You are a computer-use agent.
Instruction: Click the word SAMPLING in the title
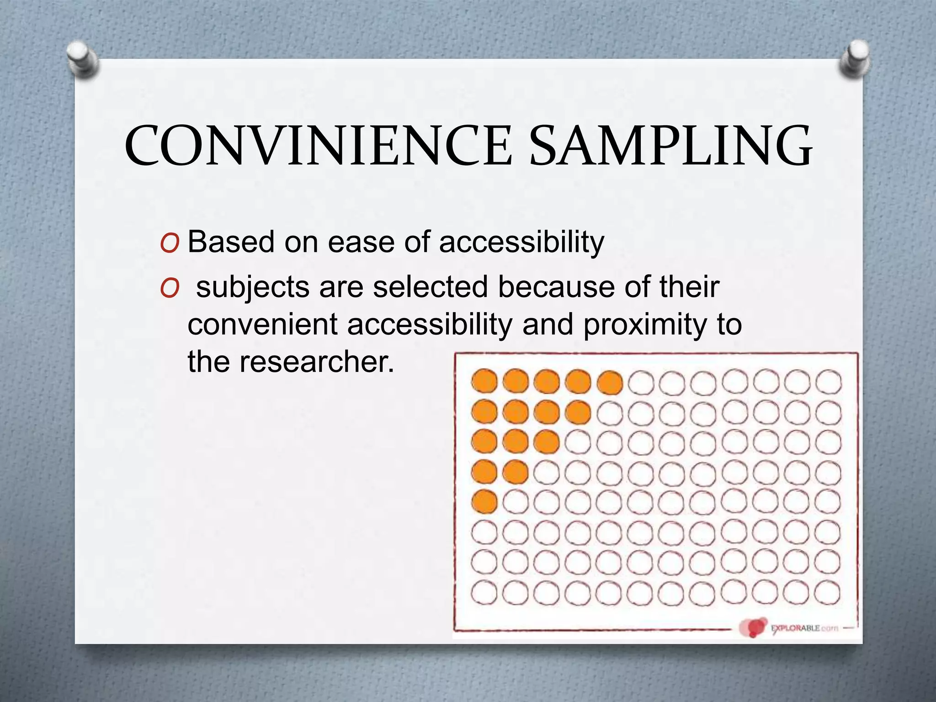(671, 146)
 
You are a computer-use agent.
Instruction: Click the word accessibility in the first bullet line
(521, 242)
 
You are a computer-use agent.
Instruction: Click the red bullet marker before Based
(170, 244)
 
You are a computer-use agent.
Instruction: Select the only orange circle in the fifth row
(484, 501)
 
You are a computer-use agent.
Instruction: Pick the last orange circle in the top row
(610, 382)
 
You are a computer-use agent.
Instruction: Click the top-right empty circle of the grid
(828, 382)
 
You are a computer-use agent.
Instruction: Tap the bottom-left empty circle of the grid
(484, 593)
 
